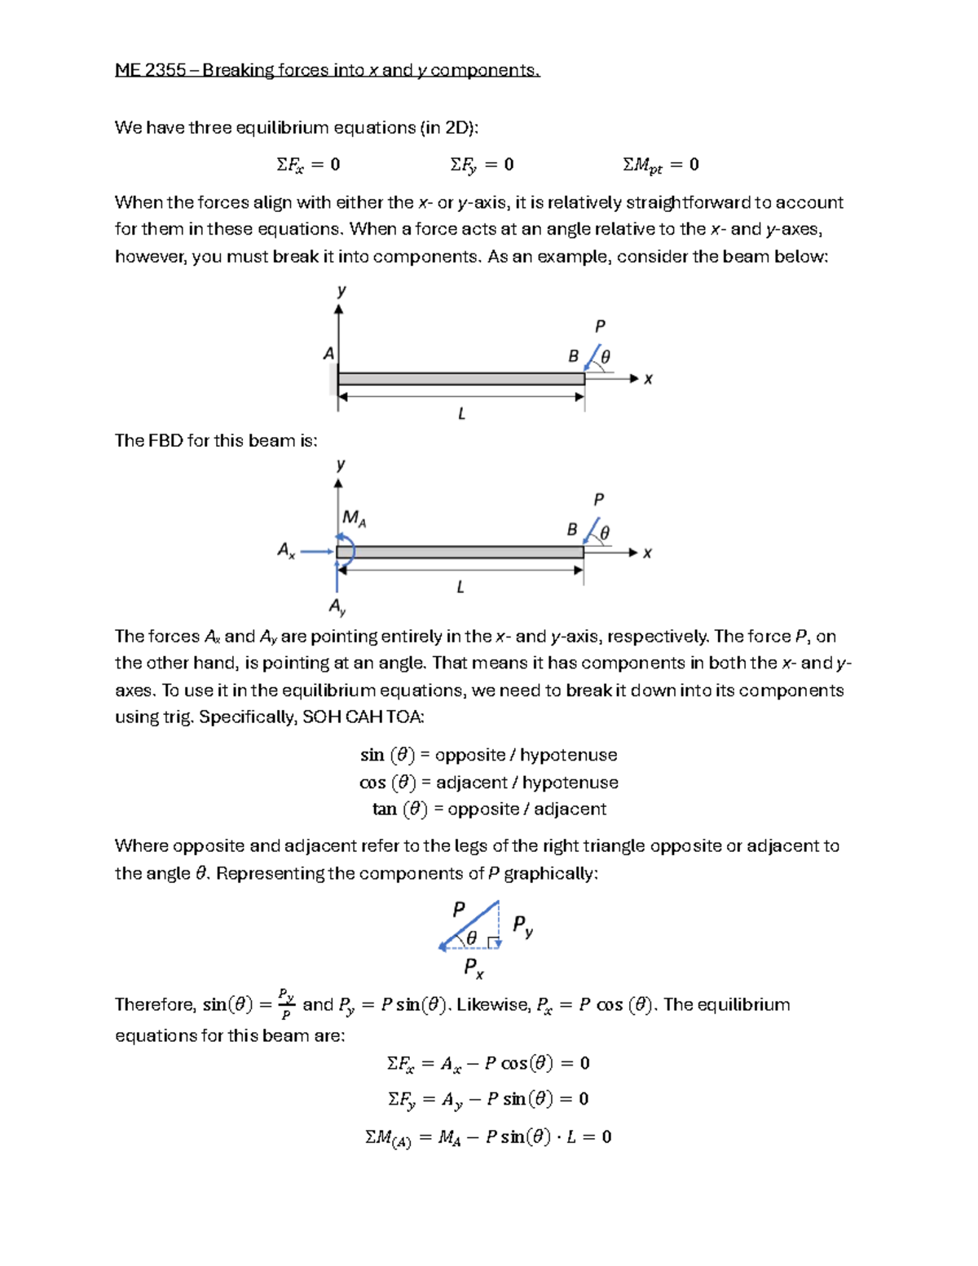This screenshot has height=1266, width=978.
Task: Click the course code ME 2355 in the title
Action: [150, 70]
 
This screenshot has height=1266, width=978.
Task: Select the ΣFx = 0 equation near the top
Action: [308, 165]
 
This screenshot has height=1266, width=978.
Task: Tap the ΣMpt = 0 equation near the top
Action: [660, 165]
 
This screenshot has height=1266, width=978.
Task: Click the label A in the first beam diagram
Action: [328, 354]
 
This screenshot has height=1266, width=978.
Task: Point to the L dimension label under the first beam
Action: [461, 414]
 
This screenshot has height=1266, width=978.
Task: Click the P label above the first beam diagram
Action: [600, 327]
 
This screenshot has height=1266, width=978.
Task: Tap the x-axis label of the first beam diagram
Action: [648, 379]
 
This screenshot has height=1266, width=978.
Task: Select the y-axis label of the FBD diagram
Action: [341, 465]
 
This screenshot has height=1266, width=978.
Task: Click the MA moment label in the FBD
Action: [354, 518]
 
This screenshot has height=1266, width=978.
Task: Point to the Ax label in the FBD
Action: [286, 550]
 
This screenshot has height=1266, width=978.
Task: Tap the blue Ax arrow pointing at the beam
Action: [317, 552]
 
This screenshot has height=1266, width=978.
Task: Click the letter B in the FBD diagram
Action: [572, 530]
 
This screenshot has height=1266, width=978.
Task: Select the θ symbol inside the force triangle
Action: [471, 938]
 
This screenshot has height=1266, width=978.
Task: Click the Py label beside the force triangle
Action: [522, 925]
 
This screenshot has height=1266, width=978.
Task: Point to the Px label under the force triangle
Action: [474, 968]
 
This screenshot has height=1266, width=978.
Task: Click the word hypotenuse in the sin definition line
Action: [568, 755]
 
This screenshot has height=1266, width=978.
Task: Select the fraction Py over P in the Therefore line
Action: [285, 1004]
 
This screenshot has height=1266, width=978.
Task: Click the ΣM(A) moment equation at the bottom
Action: [487, 1137]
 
